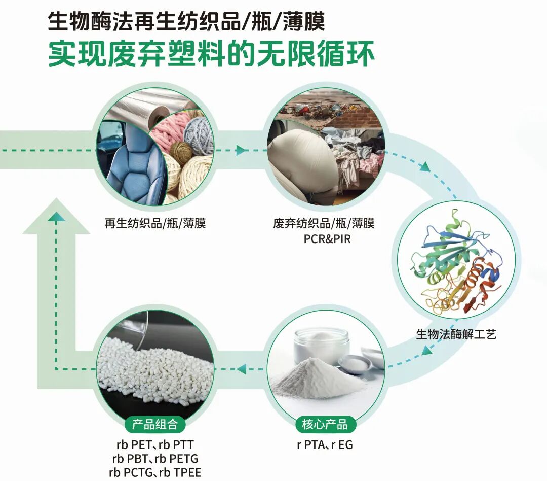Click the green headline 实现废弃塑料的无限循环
coord(212,54)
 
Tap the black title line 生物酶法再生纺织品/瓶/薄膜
coord(186,21)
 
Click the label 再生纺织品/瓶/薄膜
coord(155,223)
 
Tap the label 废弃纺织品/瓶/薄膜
coord(324,223)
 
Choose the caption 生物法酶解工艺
coord(456,334)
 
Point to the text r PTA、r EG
coord(325,445)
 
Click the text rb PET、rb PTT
coord(155,445)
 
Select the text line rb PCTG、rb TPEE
coord(155,473)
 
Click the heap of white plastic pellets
coord(152,370)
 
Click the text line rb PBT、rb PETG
coord(155,459)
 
